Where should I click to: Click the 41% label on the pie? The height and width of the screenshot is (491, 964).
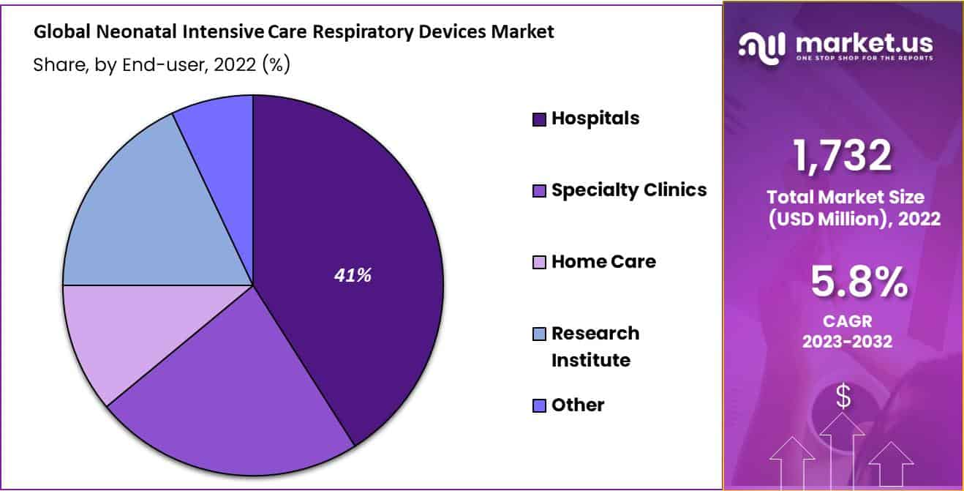coord(353,275)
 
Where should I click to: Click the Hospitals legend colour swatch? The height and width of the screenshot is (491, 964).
coord(539,119)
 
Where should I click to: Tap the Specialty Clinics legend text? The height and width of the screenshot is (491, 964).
coord(629,190)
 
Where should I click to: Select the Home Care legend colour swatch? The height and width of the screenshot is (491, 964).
coord(539,262)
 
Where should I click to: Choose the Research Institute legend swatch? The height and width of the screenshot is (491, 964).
coord(539,334)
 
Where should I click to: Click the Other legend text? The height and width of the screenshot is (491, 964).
coord(578,405)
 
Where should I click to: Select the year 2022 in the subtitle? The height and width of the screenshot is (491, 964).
coord(235,64)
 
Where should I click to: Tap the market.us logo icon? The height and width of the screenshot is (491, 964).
coord(761,48)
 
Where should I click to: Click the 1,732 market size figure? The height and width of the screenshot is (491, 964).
coord(842,156)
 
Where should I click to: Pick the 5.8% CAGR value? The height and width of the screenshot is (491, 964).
coord(859,282)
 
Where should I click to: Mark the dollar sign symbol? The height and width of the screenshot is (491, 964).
coord(843,397)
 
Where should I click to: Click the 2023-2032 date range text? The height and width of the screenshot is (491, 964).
coord(847,342)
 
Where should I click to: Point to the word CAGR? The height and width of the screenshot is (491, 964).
coord(848,321)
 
